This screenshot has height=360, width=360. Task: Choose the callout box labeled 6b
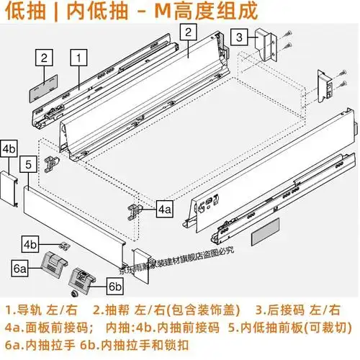click(x=116, y=287)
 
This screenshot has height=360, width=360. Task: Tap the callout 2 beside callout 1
click(x=44, y=58)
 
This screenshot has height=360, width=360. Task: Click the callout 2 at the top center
click(x=187, y=32)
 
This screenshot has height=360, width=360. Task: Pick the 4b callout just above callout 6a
click(x=30, y=243)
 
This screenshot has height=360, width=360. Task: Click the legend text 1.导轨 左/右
click(x=42, y=311)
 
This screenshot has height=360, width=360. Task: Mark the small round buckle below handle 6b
click(x=74, y=295)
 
